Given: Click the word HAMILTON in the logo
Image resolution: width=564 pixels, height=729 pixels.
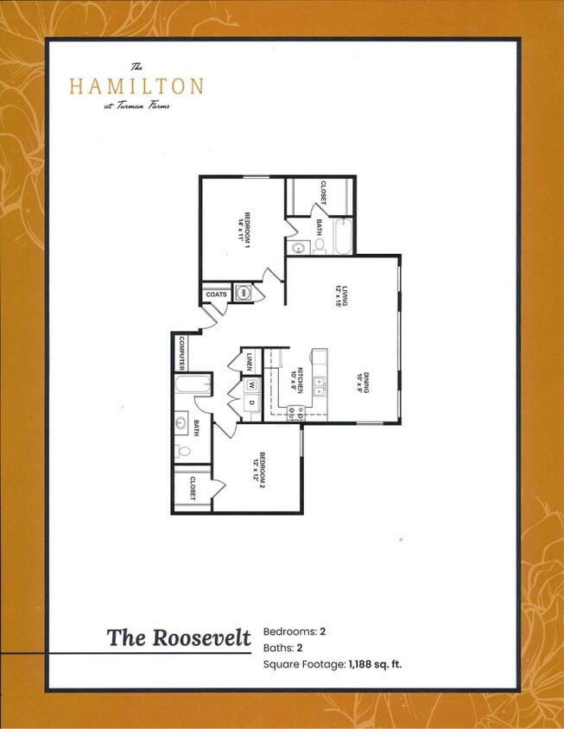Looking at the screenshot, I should point(136,86).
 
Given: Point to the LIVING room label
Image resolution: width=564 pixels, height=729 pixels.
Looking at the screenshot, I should point(342,295).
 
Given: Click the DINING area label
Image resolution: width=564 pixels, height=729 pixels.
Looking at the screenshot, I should point(366,383).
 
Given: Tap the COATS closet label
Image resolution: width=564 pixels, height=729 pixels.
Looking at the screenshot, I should point(216,295).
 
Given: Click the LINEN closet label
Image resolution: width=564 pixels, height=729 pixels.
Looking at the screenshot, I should point(248,360).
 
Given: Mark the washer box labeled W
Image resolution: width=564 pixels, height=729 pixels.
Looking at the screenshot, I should point(251,385).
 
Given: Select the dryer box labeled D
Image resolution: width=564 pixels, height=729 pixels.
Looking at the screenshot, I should point(251,402).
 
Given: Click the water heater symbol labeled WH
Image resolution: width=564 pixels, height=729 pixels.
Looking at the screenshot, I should point(244,294).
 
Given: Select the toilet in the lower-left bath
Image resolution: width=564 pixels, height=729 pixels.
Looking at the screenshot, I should point(182,451).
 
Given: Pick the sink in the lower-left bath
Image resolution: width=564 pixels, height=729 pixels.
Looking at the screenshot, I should point(181,423).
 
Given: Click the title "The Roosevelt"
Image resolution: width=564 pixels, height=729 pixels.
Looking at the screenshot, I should point(179,638).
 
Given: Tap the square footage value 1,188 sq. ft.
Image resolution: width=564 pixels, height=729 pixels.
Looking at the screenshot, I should point(376,664).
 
